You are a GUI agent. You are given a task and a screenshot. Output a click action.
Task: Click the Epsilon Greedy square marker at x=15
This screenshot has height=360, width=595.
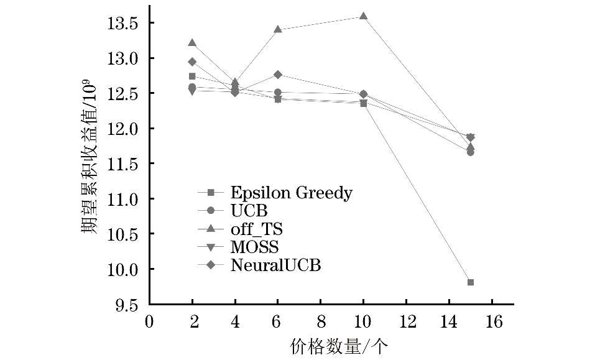click(471, 282)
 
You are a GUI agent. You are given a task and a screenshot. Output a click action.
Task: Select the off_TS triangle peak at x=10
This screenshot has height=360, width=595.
click(364, 16)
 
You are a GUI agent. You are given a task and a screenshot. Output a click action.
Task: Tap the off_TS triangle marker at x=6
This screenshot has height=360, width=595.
click(278, 29)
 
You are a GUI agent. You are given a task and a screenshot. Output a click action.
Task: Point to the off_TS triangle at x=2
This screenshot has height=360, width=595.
click(192, 43)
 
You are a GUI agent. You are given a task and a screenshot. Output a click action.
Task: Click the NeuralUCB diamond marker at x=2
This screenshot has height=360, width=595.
click(192, 62)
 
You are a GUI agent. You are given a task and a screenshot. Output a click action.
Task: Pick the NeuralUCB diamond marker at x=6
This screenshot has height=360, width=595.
click(278, 75)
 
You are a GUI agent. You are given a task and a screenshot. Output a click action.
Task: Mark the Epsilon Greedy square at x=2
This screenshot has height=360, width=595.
click(192, 76)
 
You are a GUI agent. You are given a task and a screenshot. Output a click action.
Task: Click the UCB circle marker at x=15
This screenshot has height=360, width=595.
click(471, 152)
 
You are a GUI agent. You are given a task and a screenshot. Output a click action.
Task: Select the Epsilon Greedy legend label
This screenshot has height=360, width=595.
click(291, 193)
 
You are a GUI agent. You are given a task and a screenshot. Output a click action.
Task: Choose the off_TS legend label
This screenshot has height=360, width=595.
click(256, 229)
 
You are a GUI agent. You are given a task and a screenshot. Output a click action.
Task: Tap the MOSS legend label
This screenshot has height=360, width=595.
click(254, 247)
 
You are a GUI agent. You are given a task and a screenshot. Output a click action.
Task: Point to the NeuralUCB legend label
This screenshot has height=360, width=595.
click(275, 265)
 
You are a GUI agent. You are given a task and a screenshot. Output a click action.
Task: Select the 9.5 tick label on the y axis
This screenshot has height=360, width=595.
click(126, 305)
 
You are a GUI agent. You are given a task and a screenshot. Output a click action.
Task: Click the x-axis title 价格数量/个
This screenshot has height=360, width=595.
click(338, 345)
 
